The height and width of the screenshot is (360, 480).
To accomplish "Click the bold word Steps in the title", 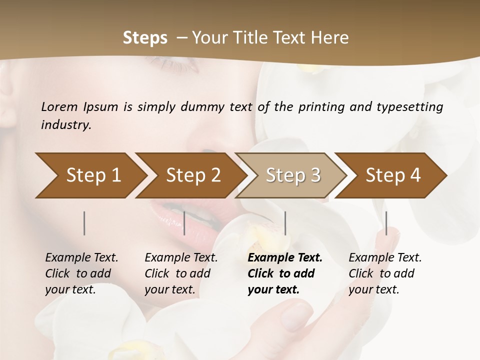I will (145, 38).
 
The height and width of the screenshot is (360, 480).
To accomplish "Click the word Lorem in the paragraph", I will (59, 107).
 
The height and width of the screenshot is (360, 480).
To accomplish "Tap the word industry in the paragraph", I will (66, 125).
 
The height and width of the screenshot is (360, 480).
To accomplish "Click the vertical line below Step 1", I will (84, 223).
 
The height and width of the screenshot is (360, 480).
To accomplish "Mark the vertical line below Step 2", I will (184, 223).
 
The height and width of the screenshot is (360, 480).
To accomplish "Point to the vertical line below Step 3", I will (285, 223).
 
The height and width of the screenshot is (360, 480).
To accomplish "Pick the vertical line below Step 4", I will (386, 223).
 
